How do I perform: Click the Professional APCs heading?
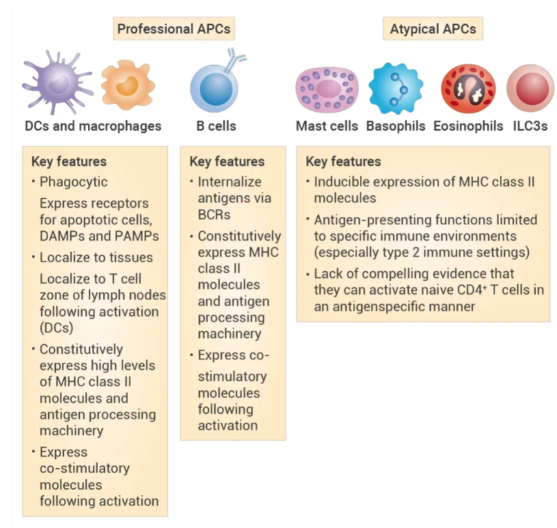click(174, 29)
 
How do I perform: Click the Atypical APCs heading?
click(433, 29)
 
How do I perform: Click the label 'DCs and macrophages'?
click(93, 126)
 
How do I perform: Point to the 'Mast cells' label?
click(327, 126)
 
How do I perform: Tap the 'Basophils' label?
click(396, 126)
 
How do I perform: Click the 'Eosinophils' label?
click(468, 126)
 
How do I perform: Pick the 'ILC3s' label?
click(530, 126)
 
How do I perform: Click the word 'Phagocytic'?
click(74, 182)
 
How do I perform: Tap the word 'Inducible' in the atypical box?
click(342, 182)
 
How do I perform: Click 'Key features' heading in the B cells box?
click(227, 162)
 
